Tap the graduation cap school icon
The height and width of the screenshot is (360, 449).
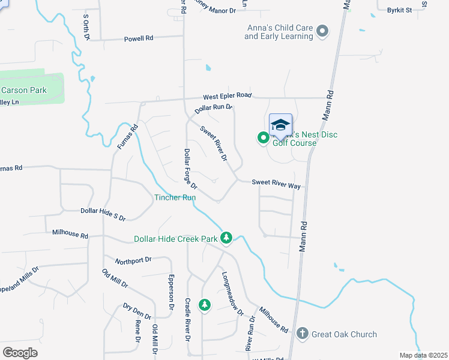[280, 125]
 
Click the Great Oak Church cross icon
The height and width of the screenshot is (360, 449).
[303, 334]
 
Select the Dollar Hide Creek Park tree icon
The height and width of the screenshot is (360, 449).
[226, 239]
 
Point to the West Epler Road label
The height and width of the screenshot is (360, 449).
[227, 95]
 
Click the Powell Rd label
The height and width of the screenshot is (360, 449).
[139, 38]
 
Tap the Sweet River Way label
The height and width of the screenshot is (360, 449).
[276, 185]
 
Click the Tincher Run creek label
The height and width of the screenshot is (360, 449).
[175, 197]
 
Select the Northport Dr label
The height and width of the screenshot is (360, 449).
[134, 260]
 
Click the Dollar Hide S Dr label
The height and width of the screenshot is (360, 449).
[103, 211]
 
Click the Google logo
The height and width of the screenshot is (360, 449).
[20, 353]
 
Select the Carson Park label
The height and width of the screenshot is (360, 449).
[24, 91]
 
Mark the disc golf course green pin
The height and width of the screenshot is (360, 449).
[263, 139]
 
